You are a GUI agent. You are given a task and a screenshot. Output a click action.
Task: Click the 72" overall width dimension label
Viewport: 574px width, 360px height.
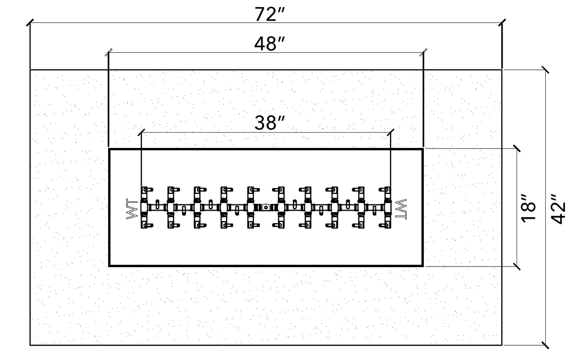(x=269, y=14)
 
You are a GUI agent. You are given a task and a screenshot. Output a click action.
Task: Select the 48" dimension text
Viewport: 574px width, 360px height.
(x=269, y=44)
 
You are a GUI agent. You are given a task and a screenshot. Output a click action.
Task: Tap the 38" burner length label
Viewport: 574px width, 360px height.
(x=269, y=123)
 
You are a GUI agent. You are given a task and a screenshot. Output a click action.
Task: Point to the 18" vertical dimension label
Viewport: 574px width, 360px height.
(x=529, y=208)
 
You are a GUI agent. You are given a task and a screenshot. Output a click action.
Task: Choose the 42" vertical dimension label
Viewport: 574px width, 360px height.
(x=558, y=208)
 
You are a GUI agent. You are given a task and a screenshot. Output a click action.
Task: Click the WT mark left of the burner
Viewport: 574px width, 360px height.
(x=132, y=209)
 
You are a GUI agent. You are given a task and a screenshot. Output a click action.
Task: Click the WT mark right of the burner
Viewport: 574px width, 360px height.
(x=401, y=209)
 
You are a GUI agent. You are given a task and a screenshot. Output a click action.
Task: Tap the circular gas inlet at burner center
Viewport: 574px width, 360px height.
(x=266, y=207)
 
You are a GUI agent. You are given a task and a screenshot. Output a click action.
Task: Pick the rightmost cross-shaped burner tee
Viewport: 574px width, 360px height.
(x=386, y=207)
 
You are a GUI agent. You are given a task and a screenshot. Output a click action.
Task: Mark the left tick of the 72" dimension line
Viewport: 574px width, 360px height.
(x=30, y=22)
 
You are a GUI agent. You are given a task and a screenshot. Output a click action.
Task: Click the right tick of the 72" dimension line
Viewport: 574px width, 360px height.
(x=502, y=22)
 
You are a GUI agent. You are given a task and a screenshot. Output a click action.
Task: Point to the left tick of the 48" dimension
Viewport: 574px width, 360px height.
(x=109, y=52)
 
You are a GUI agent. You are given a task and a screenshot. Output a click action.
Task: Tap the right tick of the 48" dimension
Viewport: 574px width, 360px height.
(x=423, y=52)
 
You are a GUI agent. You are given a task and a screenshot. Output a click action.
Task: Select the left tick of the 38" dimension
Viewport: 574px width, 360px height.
(x=141, y=133)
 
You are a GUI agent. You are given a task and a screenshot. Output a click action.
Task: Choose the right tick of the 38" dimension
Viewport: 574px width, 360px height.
(x=390, y=133)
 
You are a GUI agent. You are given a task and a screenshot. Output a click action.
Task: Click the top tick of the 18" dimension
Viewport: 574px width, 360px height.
(x=517, y=148)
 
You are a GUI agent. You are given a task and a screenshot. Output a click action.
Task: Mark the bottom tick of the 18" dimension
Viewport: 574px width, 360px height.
(x=517, y=267)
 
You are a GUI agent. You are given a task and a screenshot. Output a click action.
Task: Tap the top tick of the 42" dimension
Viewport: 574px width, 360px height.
(x=545, y=70)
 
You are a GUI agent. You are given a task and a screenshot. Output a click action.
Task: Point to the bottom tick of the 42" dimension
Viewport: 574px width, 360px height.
(x=545, y=345)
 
